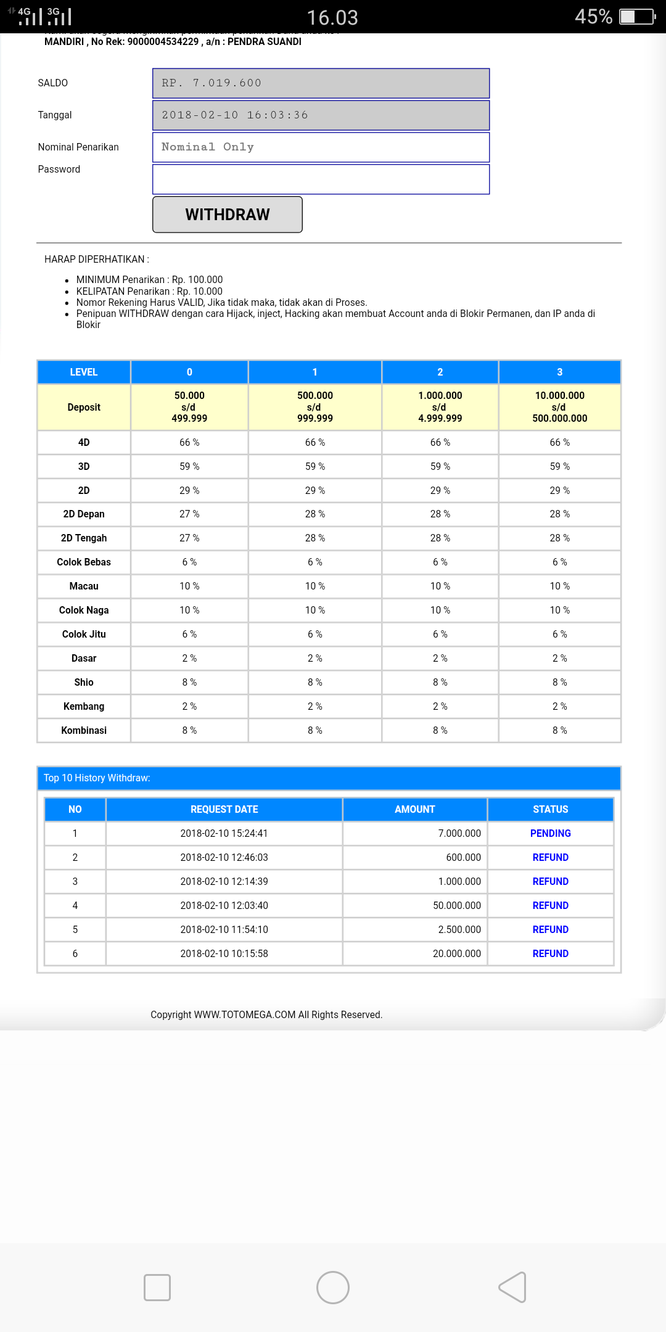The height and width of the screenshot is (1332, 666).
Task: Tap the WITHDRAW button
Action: [x=227, y=215]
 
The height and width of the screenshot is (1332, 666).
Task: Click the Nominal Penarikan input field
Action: [x=321, y=147]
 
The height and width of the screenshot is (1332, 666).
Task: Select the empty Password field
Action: [x=321, y=179]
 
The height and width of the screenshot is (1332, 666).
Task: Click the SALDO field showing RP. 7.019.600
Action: [x=321, y=83]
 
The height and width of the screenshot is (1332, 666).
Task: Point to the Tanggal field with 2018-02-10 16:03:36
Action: [x=321, y=115]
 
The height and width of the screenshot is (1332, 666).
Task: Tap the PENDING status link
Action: [x=550, y=833]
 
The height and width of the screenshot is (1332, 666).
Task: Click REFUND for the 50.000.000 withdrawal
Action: [x=550, y=905]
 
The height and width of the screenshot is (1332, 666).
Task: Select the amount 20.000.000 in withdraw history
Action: [x=456, y=953]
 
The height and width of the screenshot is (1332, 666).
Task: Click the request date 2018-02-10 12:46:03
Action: [x=224, y=857]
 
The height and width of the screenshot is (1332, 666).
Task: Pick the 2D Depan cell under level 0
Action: [x=189, y=514]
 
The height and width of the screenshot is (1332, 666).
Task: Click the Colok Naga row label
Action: [x=84, y=610]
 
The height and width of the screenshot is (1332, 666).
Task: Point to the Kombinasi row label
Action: [x=84, y=730]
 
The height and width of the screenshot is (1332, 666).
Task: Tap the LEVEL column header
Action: [x=84, y=372]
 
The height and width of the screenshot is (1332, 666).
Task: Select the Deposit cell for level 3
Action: [x=559, y=407]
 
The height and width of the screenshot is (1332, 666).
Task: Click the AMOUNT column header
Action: [x=414, y=809]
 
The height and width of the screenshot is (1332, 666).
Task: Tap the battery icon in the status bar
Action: [x=637, y=17]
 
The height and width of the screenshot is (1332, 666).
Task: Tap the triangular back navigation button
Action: [x=512, y=1288]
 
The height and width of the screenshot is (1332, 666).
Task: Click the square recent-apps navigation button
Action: [x=157, y=1288]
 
